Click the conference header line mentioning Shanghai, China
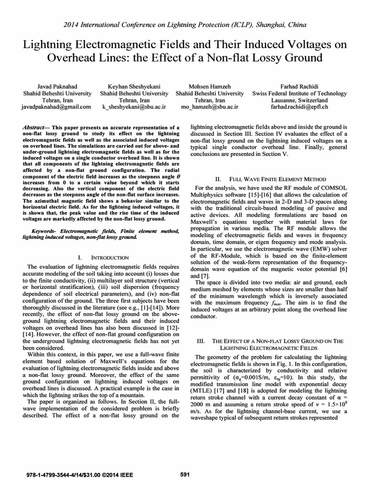point(185,24)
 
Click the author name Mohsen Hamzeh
point(210,85)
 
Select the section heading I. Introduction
point(103,258)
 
